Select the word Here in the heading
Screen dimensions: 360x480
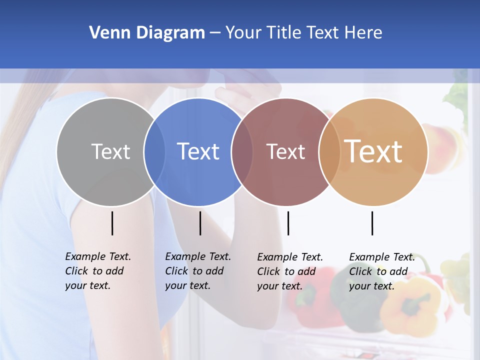click(363, 33)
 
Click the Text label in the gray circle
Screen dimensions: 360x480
click(110, 151)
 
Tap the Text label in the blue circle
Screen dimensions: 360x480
click(198, 151)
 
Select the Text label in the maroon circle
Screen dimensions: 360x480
click(285, 152)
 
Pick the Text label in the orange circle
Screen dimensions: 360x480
click(373, 151)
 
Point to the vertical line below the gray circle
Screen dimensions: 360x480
click(112, 223)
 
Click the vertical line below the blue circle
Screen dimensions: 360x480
click(200, 223)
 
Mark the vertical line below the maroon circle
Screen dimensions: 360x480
click(288, 223)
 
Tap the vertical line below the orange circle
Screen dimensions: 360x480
click(372, 223)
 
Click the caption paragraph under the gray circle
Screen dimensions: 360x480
click(98, 271)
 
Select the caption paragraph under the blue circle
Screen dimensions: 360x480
click(198, 271)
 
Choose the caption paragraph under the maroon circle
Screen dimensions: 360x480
click(290, 271)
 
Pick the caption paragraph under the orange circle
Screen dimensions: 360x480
click(382, 271)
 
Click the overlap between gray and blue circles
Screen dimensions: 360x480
click(154, 152)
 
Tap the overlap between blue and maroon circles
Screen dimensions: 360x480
click(242, 152)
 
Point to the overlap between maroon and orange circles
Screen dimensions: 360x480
click(329, 152)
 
